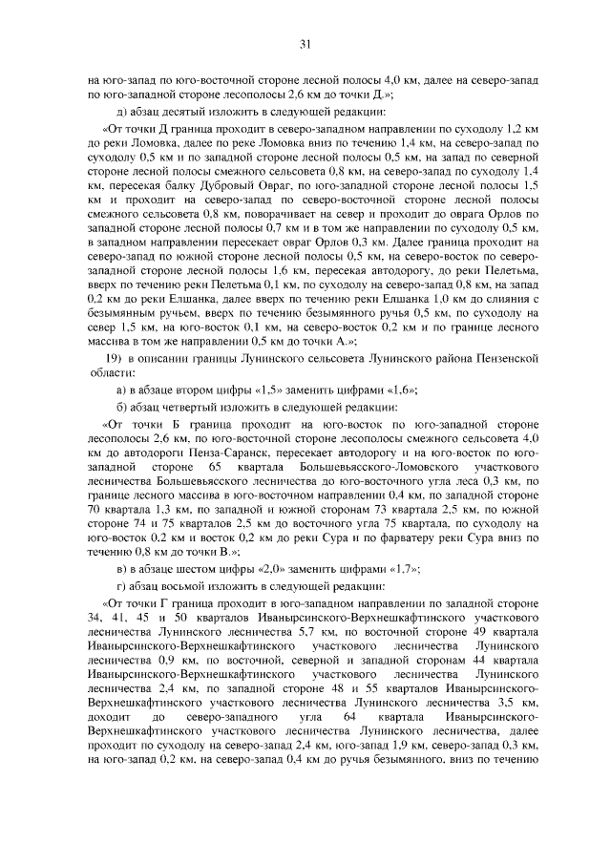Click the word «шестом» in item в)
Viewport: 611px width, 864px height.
coord(197,568)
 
